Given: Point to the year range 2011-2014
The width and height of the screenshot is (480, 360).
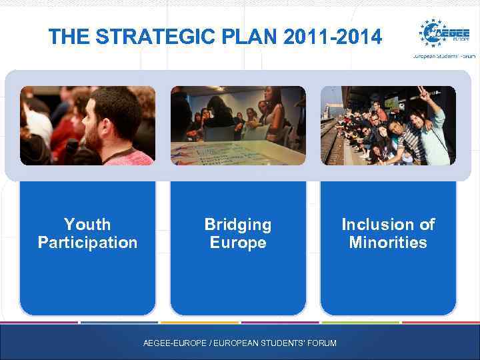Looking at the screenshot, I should (x=333, y=37).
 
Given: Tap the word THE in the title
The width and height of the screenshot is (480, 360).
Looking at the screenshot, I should (x=70, y=37).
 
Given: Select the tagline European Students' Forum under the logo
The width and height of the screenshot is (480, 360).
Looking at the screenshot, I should (x=443, y=57).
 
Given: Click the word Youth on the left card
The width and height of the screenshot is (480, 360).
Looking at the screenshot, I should (x=87, y=225).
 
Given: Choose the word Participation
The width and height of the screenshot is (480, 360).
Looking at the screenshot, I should (x=87, y=243).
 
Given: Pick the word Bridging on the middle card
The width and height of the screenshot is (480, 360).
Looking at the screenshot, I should (x=238, y=225).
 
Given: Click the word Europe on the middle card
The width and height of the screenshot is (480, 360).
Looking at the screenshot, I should (x=238, y=243).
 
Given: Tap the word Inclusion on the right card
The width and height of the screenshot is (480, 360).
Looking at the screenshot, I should (x=371, y=225).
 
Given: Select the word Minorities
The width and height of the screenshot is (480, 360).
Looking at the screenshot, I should (x=388, y=243).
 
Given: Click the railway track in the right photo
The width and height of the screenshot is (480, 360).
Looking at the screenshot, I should (x=331, y=143).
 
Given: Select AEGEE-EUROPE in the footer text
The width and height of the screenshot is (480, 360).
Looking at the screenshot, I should (x=174, y=343).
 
